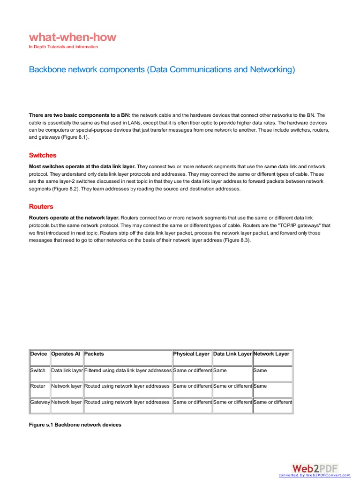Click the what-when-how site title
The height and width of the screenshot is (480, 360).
pos(72,37)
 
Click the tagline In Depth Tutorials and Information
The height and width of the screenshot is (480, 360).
pos(63,47)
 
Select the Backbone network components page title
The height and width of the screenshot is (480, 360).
pos(162,70)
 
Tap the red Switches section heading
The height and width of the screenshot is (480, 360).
pos(43,155)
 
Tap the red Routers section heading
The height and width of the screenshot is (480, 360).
pos(41,206)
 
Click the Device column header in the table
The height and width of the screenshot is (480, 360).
pos(39,354)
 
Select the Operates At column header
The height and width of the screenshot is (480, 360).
pos(66,354)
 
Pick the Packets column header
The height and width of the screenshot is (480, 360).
pos(95,354)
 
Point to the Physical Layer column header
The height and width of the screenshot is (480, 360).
pos(191,354)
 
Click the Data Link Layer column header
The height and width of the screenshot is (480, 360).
pos(232,354)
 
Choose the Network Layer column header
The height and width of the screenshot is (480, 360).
pos(271,354)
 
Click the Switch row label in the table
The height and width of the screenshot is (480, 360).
pos(38,370)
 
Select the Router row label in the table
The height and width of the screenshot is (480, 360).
pos(38,386)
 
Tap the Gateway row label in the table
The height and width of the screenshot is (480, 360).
pos(40,402)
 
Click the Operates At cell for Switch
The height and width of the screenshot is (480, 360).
pos(67,370)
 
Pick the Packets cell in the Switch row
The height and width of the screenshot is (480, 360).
pos(127,370)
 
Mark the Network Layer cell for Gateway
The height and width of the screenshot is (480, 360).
pos(272,402)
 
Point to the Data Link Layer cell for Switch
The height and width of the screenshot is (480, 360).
pos(220,370)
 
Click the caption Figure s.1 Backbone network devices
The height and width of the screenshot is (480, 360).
pos(75,425)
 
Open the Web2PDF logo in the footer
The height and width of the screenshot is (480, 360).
pos(314,469)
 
